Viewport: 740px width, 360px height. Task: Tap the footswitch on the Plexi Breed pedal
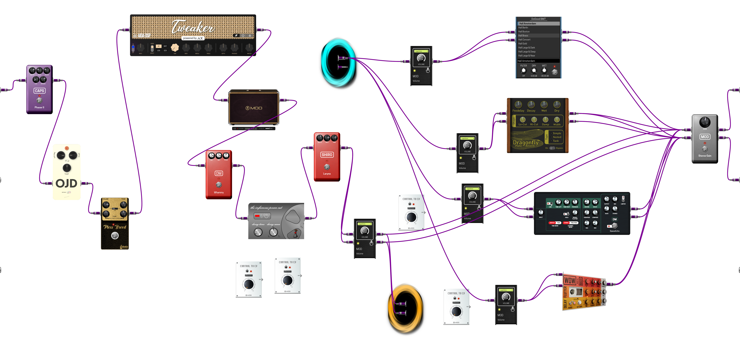point(115,236)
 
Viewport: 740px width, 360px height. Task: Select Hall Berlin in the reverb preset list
point(523,28)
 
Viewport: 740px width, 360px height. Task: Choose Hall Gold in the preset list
point(523,44)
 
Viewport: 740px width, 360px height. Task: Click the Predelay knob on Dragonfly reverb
point(518,104)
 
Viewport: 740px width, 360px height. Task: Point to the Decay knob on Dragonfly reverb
point(531,104)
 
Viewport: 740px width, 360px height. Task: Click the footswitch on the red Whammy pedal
point(219,185)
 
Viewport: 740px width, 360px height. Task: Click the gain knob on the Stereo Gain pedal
point(705,122)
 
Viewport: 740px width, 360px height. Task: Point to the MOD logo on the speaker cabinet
point(254,108)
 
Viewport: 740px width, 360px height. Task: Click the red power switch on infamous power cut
point(257,216)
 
